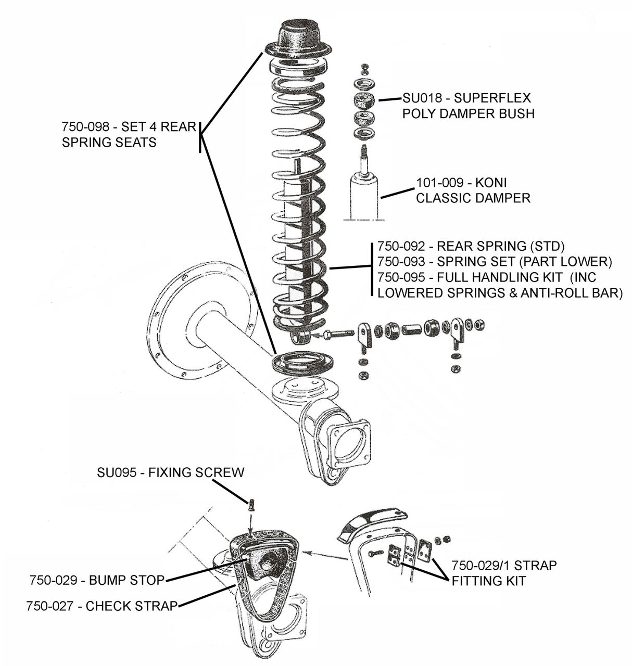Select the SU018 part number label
pyautogui.click(x=422, y=98)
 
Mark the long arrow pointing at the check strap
pyautogui.click(x=325, y=555)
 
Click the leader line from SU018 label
pyautogui.click(x=389, y=99)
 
